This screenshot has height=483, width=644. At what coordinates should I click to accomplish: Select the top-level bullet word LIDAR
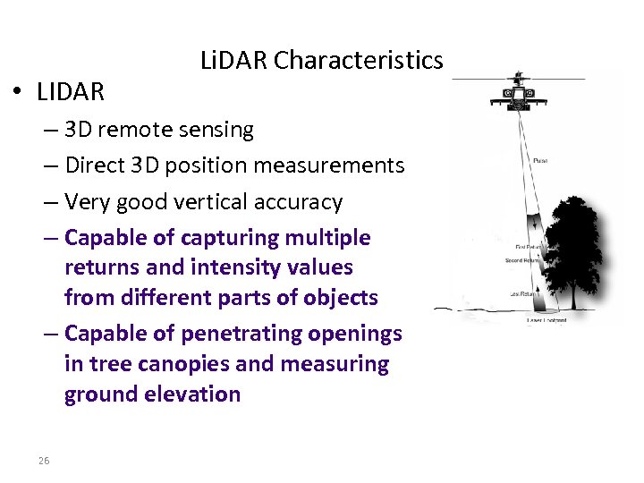click(x=71, y=91)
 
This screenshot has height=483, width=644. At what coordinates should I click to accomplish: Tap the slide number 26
click(x=44, y=461)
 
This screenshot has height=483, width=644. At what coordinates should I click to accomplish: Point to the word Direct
click(x=95, y=165)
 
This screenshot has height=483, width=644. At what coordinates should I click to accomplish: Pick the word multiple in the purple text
click(x=327, y=238)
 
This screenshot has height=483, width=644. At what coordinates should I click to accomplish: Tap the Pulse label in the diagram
click(x=540, y=161)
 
